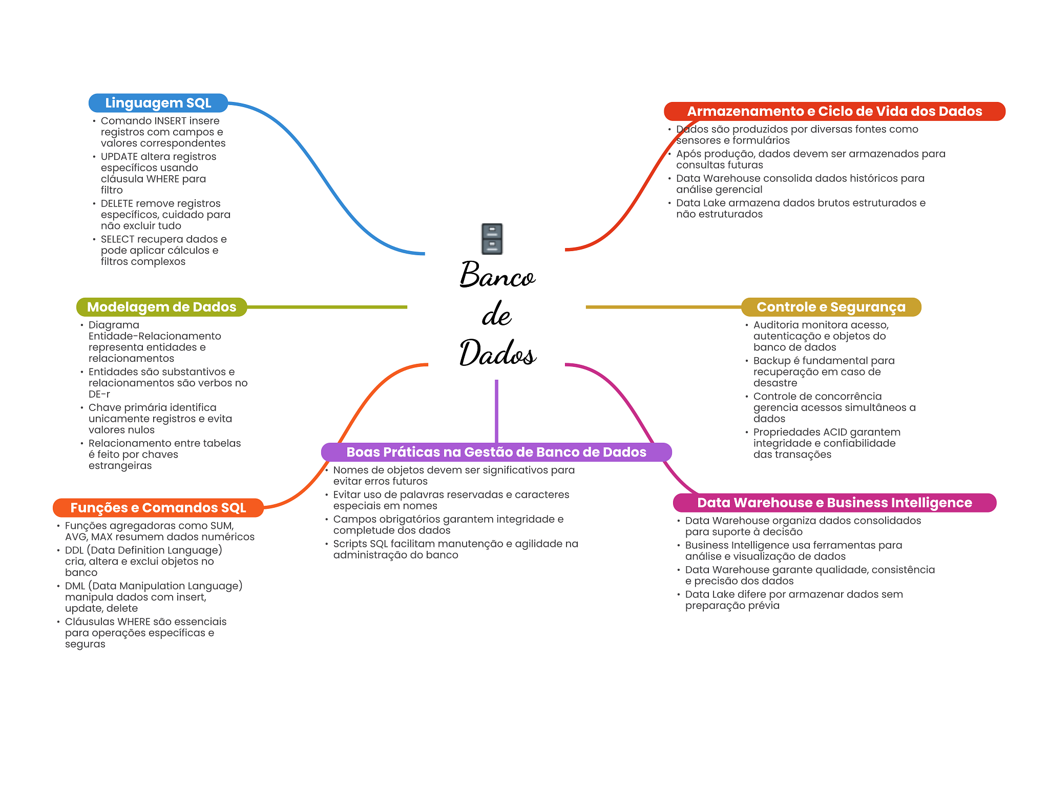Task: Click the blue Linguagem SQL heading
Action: click(158, 103)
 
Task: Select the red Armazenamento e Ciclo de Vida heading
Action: click(834, 111)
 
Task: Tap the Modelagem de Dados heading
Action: click(161, 307)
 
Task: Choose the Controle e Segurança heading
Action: click(831, 307)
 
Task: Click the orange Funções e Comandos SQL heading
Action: click(158, 508)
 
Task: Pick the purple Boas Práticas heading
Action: click(496, 452)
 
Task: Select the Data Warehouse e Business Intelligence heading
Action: click(834, 503)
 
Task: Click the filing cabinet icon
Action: click(492, 239)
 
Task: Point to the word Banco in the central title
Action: click(497, 275)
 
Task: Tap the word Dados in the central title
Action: click(497, 353)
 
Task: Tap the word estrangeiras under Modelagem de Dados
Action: click(120, 466)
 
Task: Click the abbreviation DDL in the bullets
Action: click(74, 550)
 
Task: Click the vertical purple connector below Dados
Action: click(496, 410)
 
